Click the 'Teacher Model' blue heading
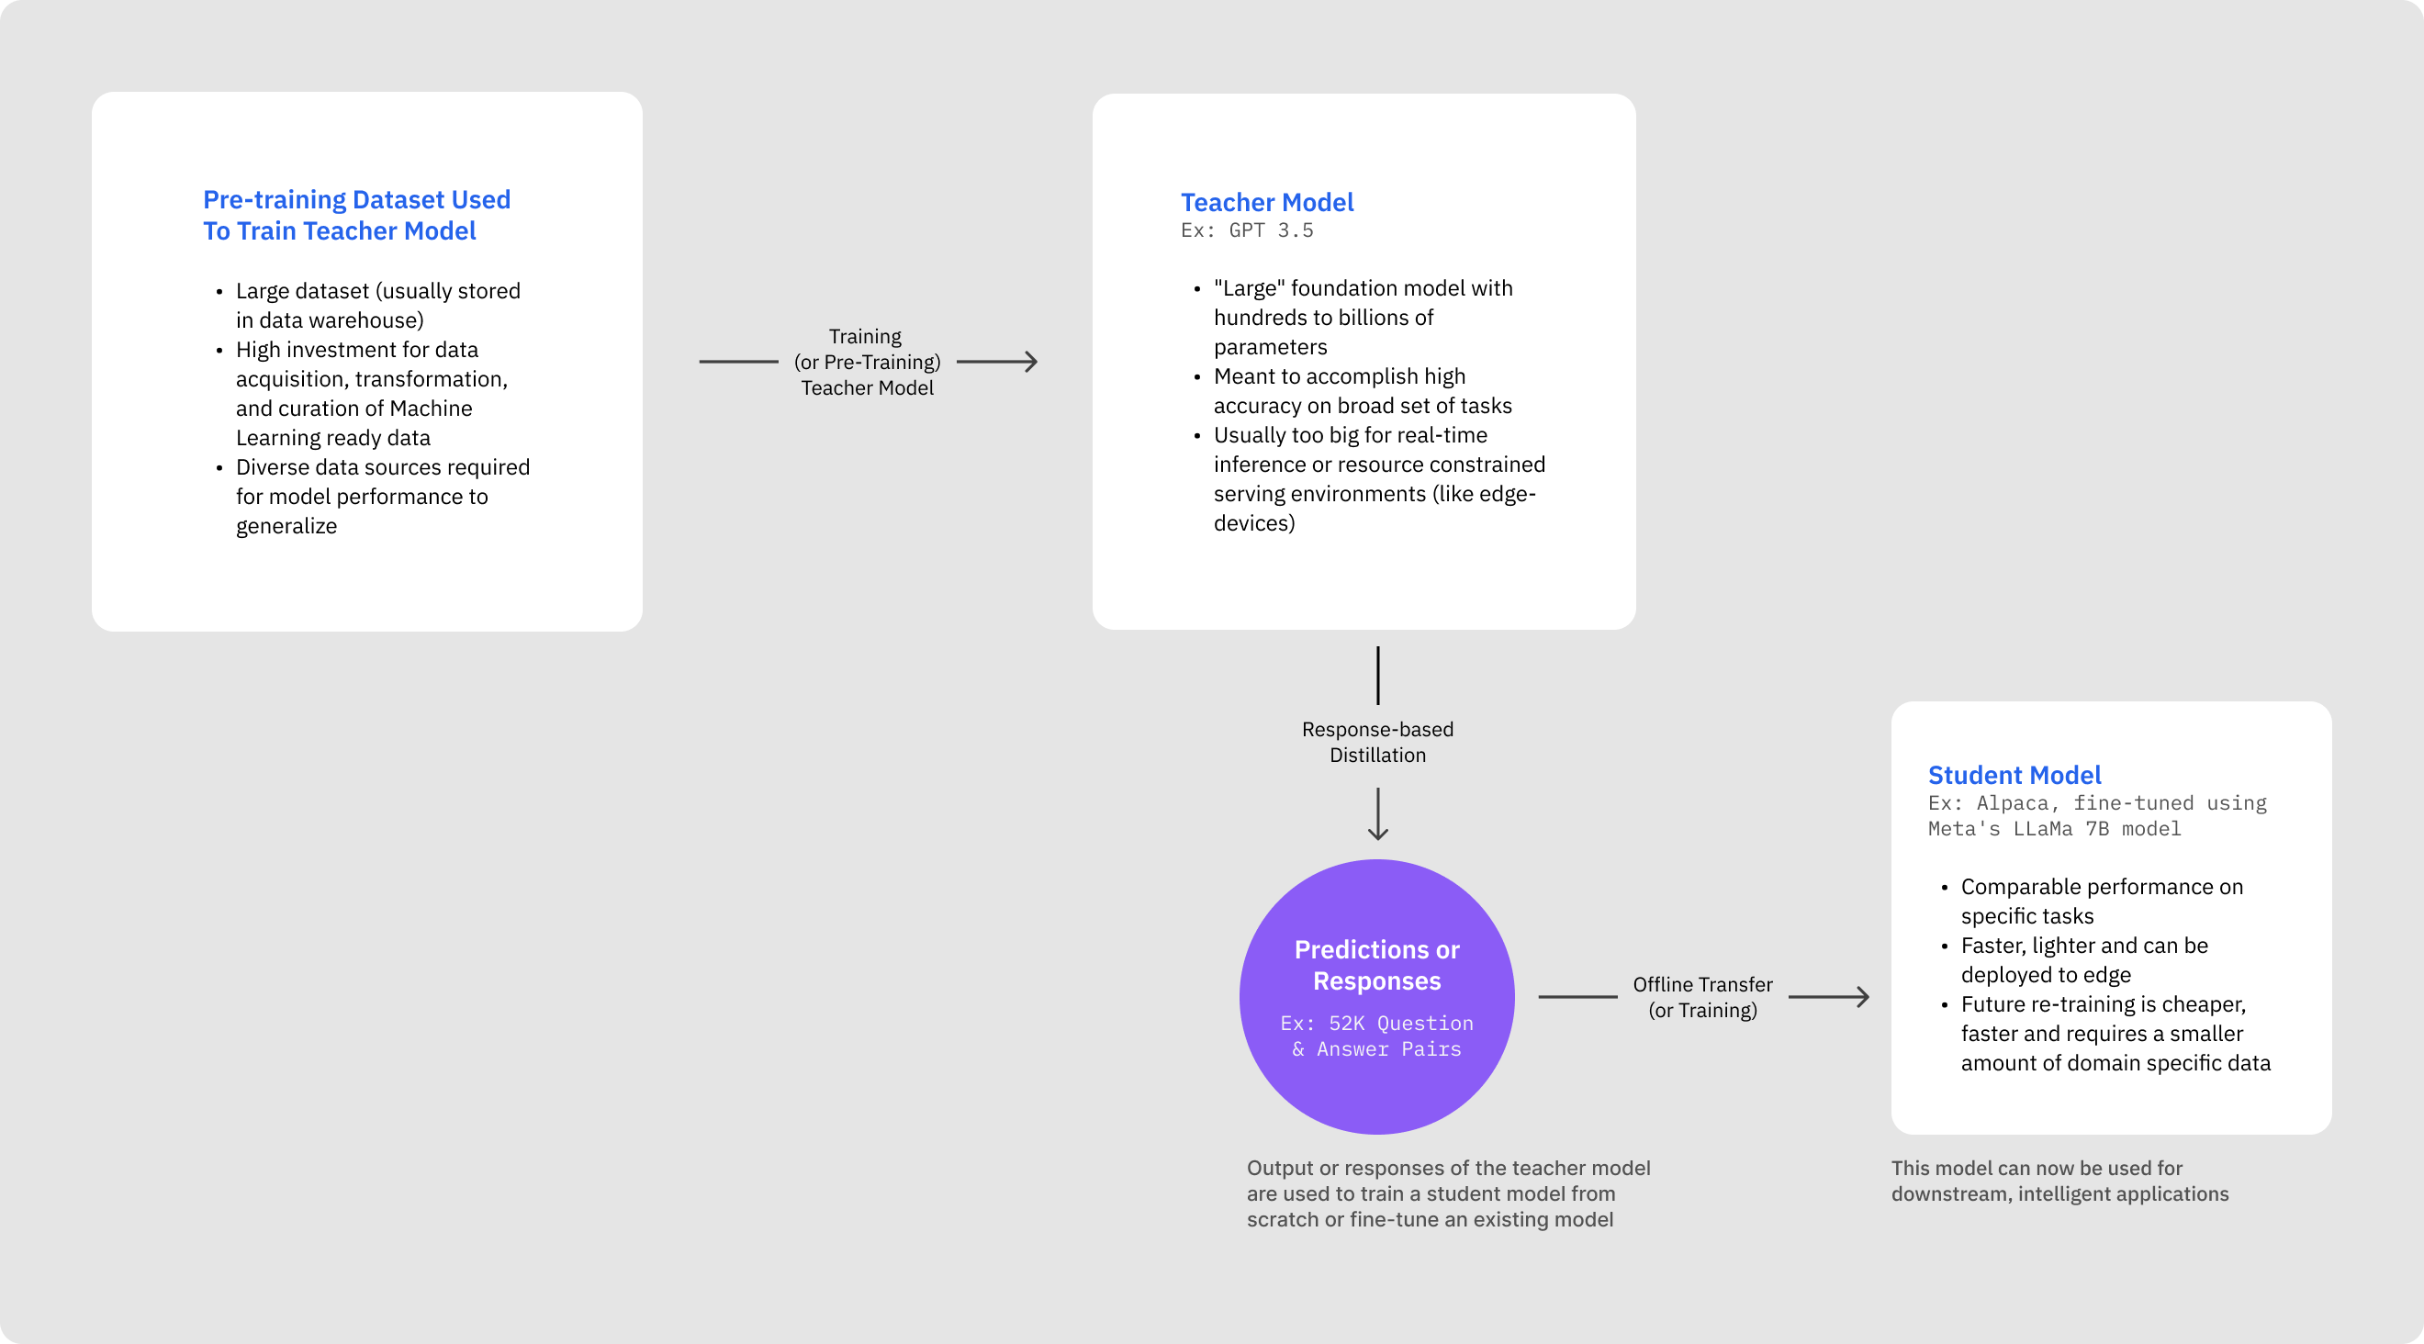pyautogui.click(x=1266, y=202)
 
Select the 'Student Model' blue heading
pyautogui.click(x=2014, y=775)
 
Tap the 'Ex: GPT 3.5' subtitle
pyautogui.click(x=1247, y=230)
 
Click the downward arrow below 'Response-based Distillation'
pyautogui.click(x=1377, y=814)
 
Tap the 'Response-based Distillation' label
pyautogui.click(x=1377, y=742)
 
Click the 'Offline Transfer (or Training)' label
pyautogui.click(x=1702, y=997)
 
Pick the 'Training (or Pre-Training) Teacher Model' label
pyautogui.click(x=867, y=362)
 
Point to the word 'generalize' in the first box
pyautogui.click(x=286, y=526)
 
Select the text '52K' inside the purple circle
pyautogui.click(x=1346, y=1024)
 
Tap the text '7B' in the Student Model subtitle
pyautogui.click(x=2096, y=829)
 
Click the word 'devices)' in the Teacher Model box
pyautogui.click(x=1253, y=523)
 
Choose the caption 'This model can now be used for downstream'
pyautogui.click(x=2059, y=1181)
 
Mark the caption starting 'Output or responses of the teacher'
pyautogui.click(x=1447, y=1193)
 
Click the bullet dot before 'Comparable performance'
pyautogui.click(x=1944, y=888)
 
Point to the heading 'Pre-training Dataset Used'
pyautogui.click(x=356, y=199)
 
